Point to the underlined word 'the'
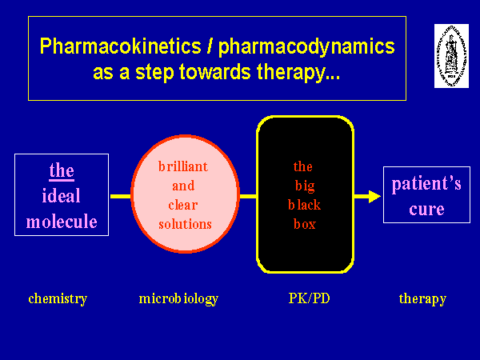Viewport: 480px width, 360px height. [x=61, y=170]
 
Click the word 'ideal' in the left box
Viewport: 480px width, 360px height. [x=61, y=196]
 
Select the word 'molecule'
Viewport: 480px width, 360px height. [x=61, y=222]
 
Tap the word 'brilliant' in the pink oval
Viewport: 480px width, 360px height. [x=185, y=167]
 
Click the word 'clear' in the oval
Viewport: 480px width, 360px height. [x=184, y=205]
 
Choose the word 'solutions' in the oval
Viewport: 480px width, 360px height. [x=185, y=224]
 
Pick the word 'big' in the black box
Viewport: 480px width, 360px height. [x=303, y=186]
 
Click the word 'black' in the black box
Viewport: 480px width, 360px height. [x=303, y=205]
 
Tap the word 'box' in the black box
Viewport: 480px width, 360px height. [x=303, y=224]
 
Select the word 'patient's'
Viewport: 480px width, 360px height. [x=426, y=185]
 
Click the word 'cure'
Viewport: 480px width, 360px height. [x=426, y=210]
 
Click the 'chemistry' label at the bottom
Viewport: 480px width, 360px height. [x=58, y=299]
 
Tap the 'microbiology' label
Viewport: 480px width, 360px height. [x=178, y=299]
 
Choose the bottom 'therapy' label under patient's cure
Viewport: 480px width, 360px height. [x=422, y=299]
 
